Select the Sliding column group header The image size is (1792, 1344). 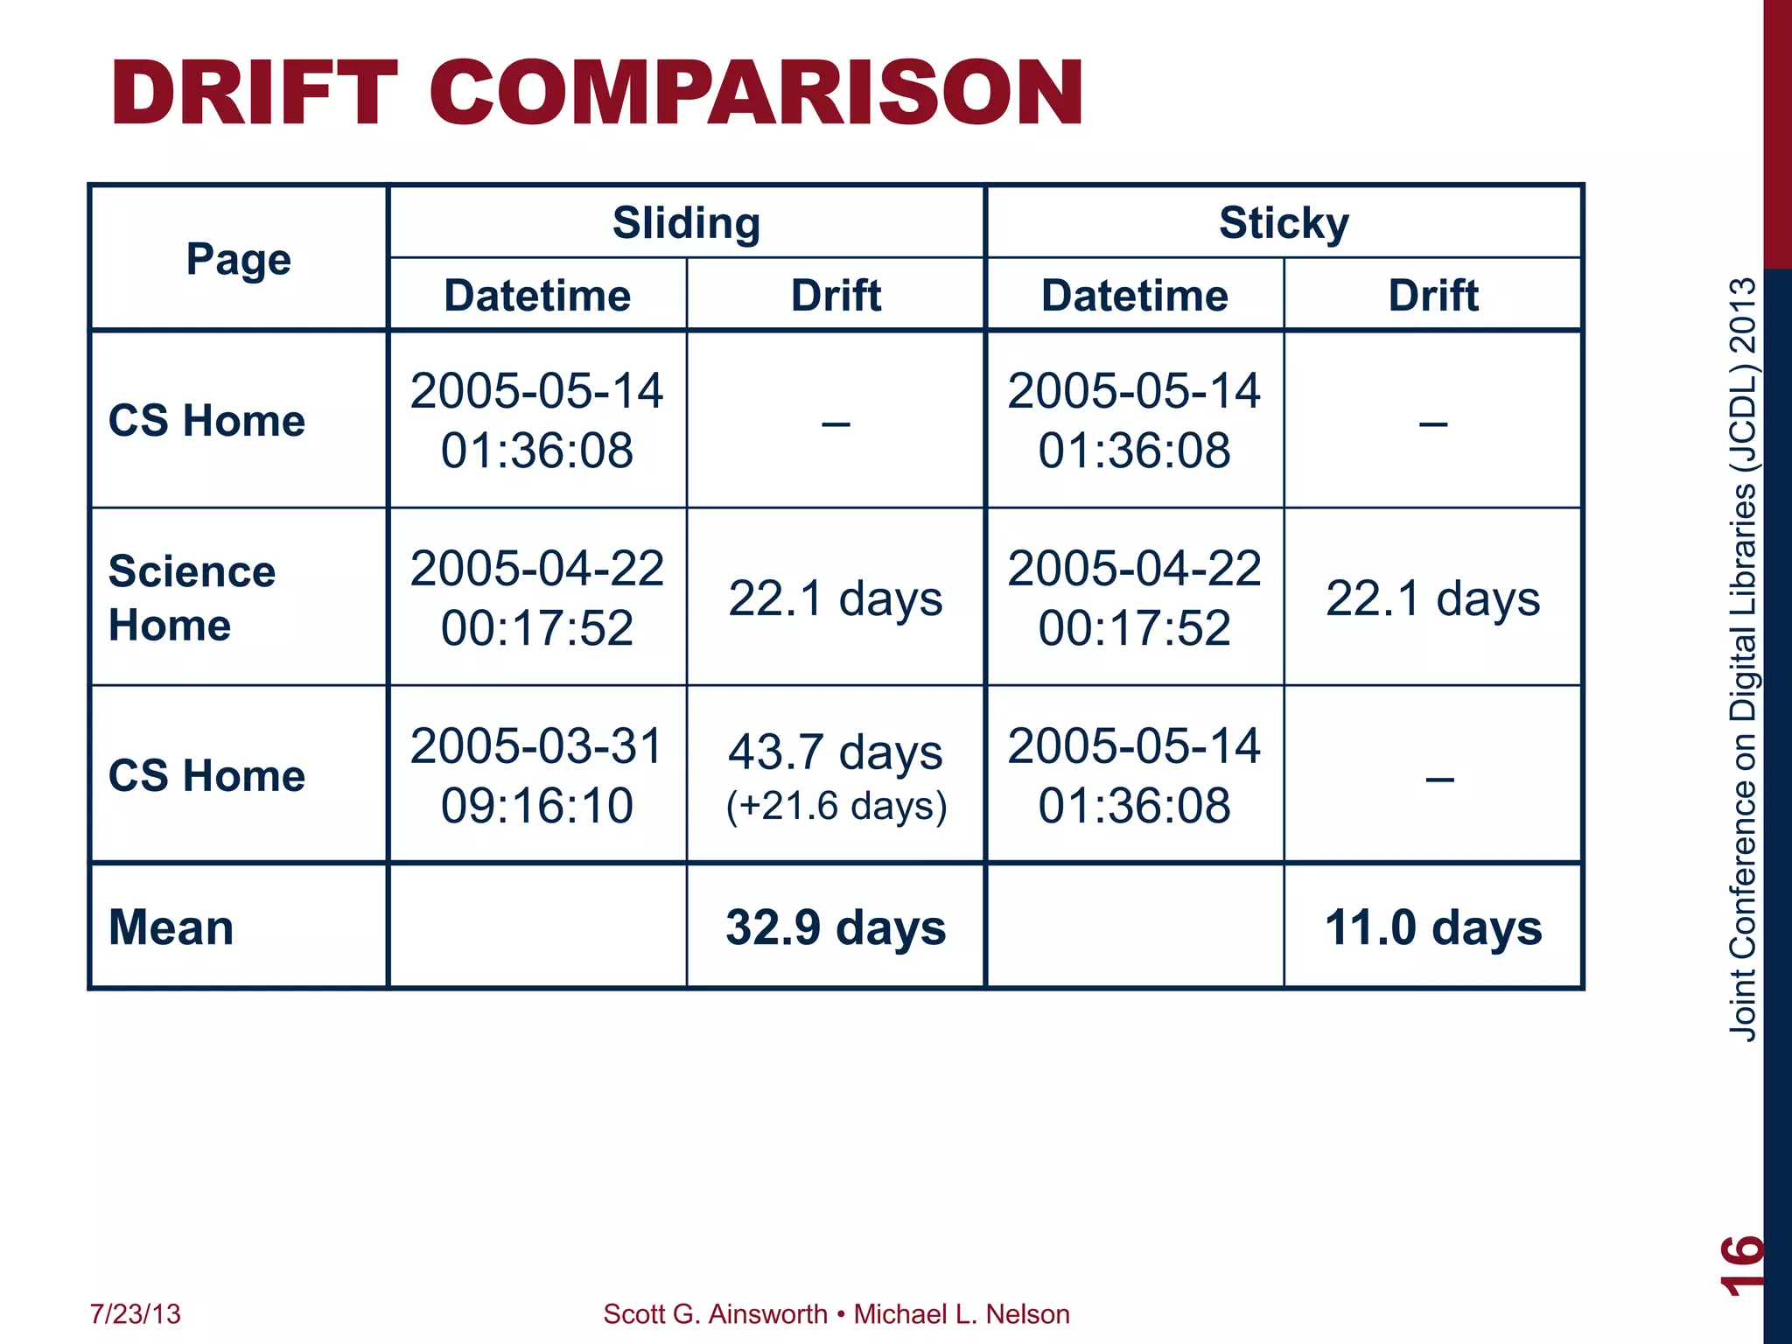pos(686,222)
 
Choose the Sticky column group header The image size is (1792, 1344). pos(1284,222)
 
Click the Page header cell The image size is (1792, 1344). pos(238,259)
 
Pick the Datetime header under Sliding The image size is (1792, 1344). pos(537,295)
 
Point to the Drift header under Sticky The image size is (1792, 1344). pos(1433,295)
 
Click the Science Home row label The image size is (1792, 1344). pos(192,598)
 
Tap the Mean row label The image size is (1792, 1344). pos(171,927)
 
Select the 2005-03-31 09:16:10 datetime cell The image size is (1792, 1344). pos(537,775)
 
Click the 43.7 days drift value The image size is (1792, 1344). pos(836,752)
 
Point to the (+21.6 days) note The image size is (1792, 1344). pos(836,806)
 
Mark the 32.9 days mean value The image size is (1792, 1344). pos(836,927)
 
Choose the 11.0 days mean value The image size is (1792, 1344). pos(1433,927)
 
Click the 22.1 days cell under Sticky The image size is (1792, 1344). pos(1433,598)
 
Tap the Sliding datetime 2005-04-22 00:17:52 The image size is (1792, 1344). pos(537,598)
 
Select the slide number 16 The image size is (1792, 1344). pos(1741,1264)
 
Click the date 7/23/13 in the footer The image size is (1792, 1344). pos(136,1313)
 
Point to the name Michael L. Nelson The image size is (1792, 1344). pos(962,1313)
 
